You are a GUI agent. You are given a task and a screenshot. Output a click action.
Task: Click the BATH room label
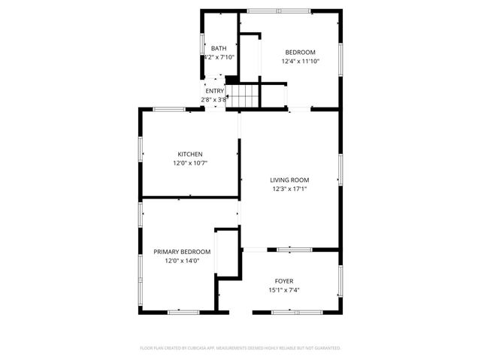(x=219, y=48)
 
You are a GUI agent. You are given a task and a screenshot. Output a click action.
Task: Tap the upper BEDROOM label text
(x=299, y=52)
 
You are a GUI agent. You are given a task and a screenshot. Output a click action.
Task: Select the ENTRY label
(x=214, y=91)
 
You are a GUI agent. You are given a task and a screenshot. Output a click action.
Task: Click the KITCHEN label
(x=189, y=154)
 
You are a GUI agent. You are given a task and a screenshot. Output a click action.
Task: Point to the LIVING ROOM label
(x=290, y=180)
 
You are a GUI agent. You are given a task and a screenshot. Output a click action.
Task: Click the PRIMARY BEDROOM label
(x=182, y=252)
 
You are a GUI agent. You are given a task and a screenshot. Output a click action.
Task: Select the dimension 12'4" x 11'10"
(x=299, y=62)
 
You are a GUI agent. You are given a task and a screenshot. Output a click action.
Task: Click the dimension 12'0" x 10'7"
(x=189, y=163)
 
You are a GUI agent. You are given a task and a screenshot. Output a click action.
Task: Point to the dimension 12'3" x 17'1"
(x=290, y=189)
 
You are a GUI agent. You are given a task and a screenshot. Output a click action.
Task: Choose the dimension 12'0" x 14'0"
(x=182, y=261)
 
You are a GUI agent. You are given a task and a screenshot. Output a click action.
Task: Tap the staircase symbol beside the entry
(x=244, y=96)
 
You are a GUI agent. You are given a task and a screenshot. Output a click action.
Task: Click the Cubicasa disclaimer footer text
(x=240, y=348)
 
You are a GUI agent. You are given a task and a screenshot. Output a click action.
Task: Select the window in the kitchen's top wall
(x=170, y=109)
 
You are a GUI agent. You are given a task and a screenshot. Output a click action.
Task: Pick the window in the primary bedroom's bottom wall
(x=183, y=312)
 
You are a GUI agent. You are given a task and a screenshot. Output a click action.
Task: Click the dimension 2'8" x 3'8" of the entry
(x=214, y=99)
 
